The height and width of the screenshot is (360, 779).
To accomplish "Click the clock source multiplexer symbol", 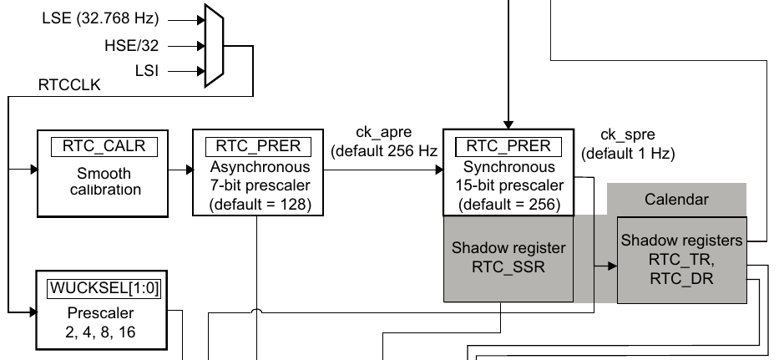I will [x=212, y=45].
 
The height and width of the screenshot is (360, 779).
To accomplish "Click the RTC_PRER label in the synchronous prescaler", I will [x=508, y=145].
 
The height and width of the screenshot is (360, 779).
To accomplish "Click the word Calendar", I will [x=676, y=200].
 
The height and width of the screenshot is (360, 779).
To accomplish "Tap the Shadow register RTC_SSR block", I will [x=508, y=258].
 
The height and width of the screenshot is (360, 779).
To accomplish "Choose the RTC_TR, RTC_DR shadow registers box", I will [x=680, y=259].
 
